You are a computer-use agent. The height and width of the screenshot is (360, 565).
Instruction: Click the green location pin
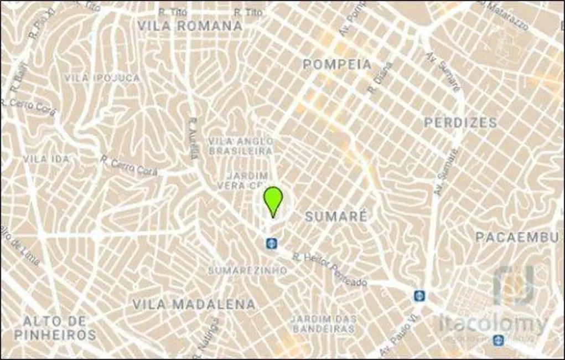coord(273,200)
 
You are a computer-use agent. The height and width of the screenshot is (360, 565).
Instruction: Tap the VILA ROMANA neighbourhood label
coord(190,26)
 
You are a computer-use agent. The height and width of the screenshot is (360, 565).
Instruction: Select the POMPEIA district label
coord(337,64)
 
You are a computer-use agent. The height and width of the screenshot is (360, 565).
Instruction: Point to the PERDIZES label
coord(460,122)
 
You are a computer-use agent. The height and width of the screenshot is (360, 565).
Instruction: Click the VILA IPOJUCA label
coord(102,78)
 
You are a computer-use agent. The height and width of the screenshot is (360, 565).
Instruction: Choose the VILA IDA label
coord(46,159)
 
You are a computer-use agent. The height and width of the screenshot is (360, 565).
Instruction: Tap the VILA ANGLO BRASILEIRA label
coord(241,146)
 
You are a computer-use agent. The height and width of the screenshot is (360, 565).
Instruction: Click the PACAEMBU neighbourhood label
coord(517,238)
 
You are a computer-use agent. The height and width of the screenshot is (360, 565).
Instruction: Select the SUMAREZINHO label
coord(247,270)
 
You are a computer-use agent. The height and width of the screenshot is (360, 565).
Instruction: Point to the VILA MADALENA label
coord(194,304)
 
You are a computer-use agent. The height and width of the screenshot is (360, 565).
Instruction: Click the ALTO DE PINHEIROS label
coord(55,328)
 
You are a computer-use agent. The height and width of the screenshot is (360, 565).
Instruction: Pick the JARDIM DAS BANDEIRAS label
coord(323,324)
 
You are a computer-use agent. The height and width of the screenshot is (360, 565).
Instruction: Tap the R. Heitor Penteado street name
coord(330,269)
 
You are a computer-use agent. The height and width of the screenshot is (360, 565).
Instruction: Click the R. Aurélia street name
coord(194,138)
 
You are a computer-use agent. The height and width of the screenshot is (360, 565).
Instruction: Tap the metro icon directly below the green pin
coord(271,243)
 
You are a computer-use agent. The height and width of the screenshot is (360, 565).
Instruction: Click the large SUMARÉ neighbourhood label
coord(336,216)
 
